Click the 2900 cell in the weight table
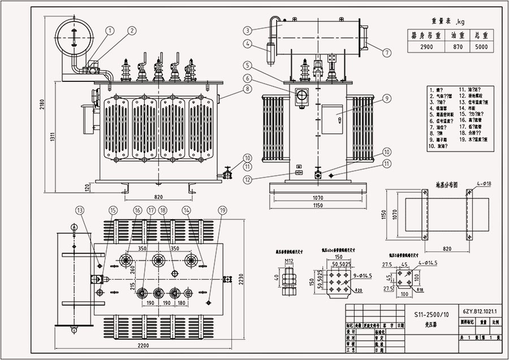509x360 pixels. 426,47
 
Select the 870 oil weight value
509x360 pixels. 456,47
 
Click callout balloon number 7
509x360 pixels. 386,53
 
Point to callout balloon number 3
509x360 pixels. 248,30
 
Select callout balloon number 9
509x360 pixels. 387,98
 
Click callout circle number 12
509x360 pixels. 248,180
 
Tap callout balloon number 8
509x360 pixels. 248,89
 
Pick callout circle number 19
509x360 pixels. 222,210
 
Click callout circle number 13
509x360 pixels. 80,210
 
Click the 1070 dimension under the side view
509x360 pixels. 317,198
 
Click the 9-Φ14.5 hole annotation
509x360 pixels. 347,275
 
